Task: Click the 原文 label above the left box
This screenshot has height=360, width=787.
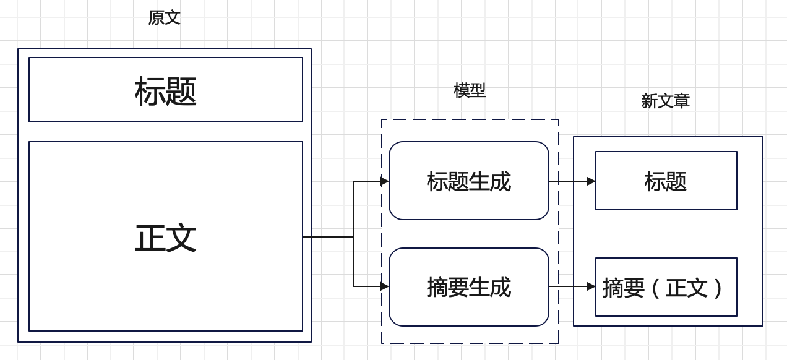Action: point(164,17)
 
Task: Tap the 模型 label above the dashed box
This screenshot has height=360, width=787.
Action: point(470,90)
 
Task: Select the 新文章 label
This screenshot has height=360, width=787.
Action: point(665,101)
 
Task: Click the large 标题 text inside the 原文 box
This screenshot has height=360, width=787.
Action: point(166,91)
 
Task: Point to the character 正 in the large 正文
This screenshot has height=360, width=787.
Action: point(150,238)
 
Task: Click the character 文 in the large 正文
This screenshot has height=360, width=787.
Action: point(181,238)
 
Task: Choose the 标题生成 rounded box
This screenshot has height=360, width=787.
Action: point(468,181)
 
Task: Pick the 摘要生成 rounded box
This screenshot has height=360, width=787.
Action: point(468,287)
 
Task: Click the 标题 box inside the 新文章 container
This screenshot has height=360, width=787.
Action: point(666,181)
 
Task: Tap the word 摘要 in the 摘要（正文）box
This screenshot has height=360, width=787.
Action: point(624,288)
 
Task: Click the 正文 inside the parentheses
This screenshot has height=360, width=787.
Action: point(686,288)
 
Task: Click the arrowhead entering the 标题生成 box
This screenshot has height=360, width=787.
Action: point(384,181)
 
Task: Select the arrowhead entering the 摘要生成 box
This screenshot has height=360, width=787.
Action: point(384,286)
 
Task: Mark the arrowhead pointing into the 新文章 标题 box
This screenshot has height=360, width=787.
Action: point(591,181)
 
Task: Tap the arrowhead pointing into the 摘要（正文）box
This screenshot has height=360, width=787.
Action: point(591,286)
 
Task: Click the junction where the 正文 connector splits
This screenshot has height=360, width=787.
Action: point(353,237)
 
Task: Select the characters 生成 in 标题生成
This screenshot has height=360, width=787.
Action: point(490,181)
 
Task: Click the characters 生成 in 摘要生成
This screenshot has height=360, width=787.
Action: point(490,287)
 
